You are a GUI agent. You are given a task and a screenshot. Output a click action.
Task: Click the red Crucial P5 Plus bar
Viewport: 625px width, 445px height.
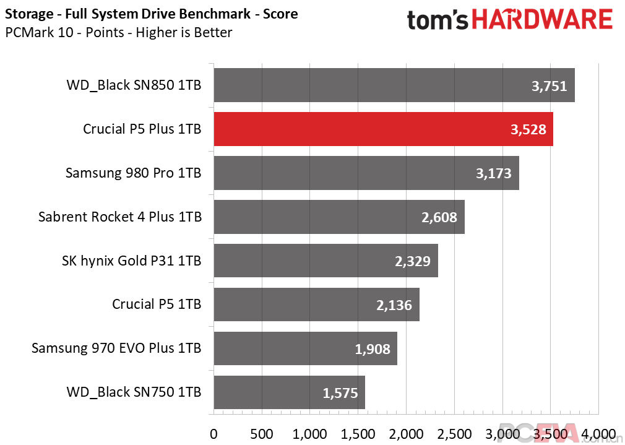point(384,129)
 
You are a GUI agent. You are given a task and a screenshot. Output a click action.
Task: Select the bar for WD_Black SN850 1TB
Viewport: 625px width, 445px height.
point(394,85)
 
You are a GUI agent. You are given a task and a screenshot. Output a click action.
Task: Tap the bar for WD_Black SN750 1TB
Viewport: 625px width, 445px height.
point(290,392)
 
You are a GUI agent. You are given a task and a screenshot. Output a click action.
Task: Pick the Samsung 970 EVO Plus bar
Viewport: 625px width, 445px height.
point(305,348)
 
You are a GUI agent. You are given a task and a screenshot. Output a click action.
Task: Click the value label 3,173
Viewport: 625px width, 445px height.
point(493,173)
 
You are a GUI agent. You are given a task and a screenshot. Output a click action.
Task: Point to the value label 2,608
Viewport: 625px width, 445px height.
point(439,217)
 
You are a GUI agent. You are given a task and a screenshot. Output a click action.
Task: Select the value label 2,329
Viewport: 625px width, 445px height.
point(413,261)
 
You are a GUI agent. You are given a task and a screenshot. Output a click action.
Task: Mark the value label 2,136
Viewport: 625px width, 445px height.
point(394,305)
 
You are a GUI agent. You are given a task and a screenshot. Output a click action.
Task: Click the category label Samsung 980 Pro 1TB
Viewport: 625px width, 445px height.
point(134,173)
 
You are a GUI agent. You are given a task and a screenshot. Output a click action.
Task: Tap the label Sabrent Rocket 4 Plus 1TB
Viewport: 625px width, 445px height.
point(120,217)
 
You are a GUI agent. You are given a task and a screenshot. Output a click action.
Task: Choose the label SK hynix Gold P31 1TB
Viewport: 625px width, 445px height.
point(132,261)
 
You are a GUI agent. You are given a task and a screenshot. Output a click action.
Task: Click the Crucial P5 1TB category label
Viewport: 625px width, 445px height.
point(157,305)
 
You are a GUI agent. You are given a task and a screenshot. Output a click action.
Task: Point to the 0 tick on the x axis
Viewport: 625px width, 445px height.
point(213,434)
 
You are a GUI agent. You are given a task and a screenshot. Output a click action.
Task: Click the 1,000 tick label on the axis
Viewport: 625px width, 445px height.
point(309,434)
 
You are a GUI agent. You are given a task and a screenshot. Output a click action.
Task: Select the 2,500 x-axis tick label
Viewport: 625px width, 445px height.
point(454,434)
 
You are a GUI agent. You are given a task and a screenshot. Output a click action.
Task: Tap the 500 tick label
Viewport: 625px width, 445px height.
point(262,434)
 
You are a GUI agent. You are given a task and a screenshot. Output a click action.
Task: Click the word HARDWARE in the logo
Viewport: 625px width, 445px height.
point(541,20)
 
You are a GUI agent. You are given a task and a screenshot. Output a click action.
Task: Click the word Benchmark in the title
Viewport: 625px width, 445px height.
point(215,14)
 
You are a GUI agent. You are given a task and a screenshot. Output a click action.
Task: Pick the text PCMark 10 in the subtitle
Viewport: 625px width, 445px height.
point(39,32)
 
